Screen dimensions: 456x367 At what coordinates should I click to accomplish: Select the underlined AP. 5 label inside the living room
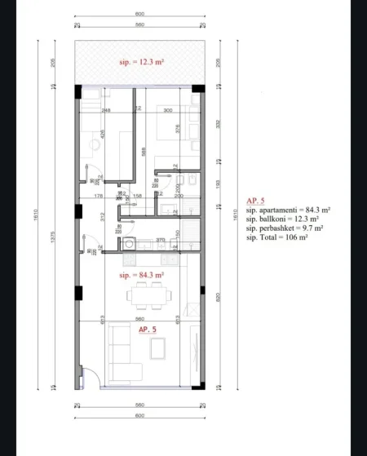(147, 329)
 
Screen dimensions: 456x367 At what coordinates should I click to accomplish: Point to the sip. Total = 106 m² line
(277, 237)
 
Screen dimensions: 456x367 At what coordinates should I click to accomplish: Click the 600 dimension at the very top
(139, 15)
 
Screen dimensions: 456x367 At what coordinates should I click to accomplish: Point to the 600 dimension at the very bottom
(139, 415)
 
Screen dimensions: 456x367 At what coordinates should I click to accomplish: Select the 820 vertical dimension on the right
(218, 299)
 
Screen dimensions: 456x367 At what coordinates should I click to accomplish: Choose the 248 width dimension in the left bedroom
(106, 110)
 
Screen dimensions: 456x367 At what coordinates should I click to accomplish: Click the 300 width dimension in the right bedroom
(168, 110)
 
